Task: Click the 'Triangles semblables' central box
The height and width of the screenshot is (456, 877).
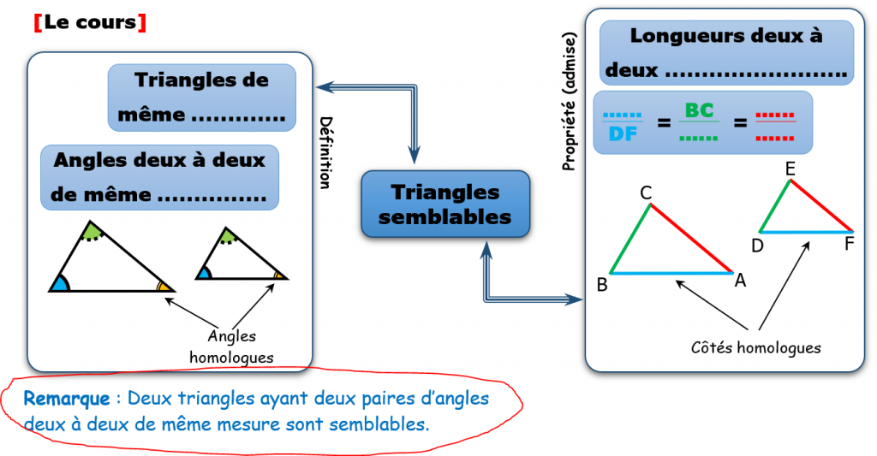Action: [x=444, y=204]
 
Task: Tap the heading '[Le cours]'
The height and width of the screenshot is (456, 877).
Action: [x=90, y=23]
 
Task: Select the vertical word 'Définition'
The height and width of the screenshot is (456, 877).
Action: [x=325, y=152]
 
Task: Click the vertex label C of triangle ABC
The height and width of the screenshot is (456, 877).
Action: [x=647, y=193]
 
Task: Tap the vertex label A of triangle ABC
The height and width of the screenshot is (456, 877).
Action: [x=740, y=280]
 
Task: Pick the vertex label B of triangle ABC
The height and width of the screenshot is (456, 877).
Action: [x=602, y=285]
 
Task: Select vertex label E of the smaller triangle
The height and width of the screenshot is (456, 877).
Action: [x=790, y=169]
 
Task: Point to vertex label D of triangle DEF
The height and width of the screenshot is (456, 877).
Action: [x=757, y=246]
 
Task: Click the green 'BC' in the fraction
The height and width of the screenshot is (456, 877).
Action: [x=699, y=111]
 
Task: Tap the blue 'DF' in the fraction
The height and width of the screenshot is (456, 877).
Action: [x=622, y=133]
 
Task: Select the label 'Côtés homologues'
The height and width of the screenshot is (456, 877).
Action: [x=755, y=347]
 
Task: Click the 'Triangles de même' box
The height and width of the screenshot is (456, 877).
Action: [x=202, y=98]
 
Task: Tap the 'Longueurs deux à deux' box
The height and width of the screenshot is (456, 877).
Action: [x=726, y=53]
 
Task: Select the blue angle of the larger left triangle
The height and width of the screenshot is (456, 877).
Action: [x=59, y=284]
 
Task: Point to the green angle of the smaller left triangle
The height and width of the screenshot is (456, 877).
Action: [x=227, y=235]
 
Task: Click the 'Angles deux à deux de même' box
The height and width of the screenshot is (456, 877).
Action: [x=159, y=177]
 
